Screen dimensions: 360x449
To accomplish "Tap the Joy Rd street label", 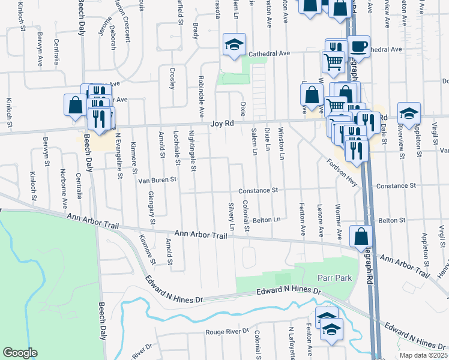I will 221,123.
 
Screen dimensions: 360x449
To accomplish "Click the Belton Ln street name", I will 267,220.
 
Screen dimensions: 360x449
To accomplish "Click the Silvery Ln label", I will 231,216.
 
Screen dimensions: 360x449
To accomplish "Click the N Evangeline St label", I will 118,154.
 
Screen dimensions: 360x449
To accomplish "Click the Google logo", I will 19,353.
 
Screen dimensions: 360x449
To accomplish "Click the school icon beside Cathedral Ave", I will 234,45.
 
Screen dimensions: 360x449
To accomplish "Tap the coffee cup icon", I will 360,46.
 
